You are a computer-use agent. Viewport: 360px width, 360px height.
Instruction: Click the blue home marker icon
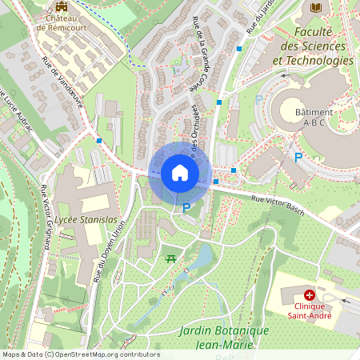point(180,173)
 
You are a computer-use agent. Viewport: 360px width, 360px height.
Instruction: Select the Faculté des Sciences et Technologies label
point(313,46)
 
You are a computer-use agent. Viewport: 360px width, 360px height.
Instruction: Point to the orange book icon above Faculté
point(314,7)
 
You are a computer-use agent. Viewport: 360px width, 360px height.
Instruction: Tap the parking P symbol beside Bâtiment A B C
point(298,158)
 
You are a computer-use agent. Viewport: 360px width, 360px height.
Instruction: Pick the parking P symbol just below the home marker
point(186,208)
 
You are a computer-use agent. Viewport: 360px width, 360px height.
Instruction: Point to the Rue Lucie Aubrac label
point(16,111)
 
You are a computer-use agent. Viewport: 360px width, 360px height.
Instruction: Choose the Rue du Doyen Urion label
point(110,252)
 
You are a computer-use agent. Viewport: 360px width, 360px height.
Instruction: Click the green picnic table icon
point(170,258)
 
